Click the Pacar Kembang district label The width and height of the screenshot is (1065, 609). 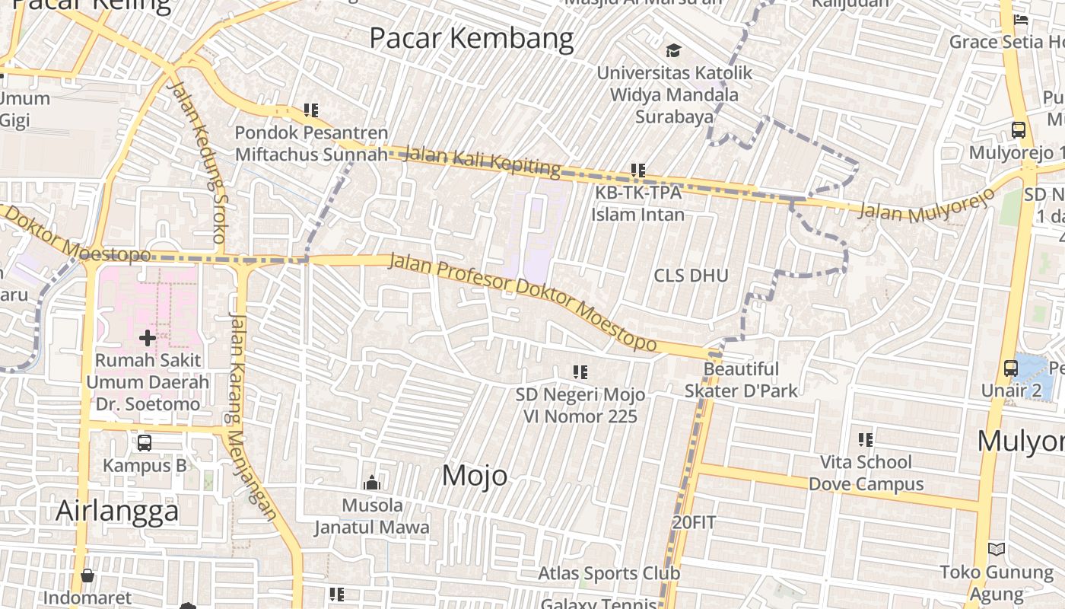(x=472, y=38)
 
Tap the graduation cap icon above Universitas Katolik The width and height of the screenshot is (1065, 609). (x=673, y=51)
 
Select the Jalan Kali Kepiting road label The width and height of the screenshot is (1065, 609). (x=483, y=159)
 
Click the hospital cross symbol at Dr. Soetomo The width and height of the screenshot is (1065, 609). (x=148, y=337)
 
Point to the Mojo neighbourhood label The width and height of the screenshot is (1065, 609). (x=475, y=476)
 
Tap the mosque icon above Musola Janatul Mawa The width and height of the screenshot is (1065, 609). (x=372, y=483)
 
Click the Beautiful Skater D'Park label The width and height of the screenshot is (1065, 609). (x=741, y=380)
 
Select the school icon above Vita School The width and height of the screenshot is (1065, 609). (x=865, y=439)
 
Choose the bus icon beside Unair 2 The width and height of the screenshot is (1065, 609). (x=1011, y=368)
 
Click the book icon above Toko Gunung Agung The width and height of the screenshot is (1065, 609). (x=996, y=549)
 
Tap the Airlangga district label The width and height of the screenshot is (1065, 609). (x=117, y=511)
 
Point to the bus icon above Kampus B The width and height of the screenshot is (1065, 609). (x=145, y=442)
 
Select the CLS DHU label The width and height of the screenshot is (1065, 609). (x=691, y=276)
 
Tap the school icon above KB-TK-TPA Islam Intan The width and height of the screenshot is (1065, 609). (x=638, y=171)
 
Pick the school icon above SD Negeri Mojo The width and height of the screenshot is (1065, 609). (x=580, y=372)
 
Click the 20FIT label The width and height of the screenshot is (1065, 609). (x=694, y=523)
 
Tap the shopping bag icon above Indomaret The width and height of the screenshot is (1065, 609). (x=87, y=576)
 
